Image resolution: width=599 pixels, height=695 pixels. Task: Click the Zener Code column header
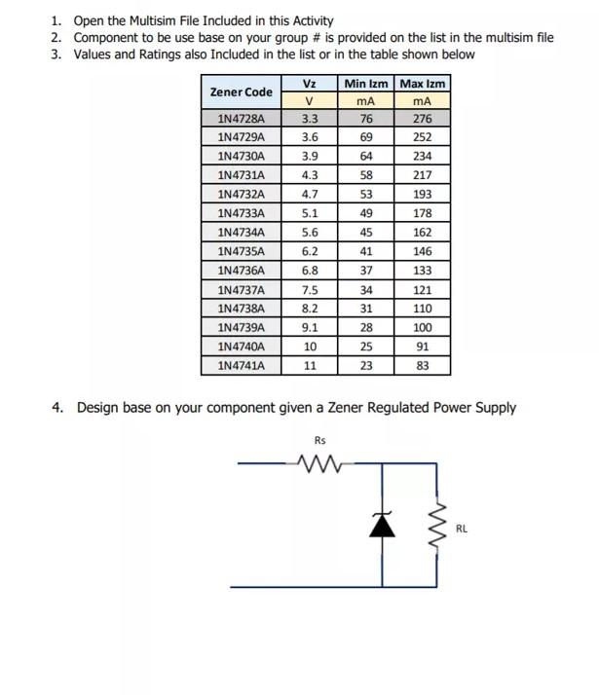(x=241, y=92)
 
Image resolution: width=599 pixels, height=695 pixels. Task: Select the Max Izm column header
(x=423, y=84)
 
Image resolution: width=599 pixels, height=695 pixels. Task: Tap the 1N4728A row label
(x=241, y=119)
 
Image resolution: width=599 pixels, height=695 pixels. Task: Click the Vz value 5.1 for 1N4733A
(x=310, y=213)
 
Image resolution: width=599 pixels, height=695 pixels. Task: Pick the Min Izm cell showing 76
(x=366, y=119)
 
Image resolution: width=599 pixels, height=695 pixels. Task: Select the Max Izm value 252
(x=423, y=137)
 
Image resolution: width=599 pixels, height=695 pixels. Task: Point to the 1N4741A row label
(x=241, y=366)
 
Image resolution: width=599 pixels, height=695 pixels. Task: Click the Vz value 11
(x=310, y=366)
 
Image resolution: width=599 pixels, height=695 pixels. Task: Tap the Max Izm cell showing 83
(x=423, y=366)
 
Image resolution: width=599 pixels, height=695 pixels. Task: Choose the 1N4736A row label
(x=241, y=270)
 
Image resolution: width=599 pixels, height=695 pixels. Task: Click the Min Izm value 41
(x=366, y=251)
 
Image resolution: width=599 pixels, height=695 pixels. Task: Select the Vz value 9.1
(x=310, y=328)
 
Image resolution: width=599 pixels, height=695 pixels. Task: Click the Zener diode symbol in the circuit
(x=385, y=526)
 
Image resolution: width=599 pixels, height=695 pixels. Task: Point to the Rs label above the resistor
(x=320, y=440)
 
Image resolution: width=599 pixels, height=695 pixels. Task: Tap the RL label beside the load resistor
(x=462, y=530)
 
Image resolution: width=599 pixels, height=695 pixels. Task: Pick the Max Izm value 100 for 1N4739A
(x=423, y=328)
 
